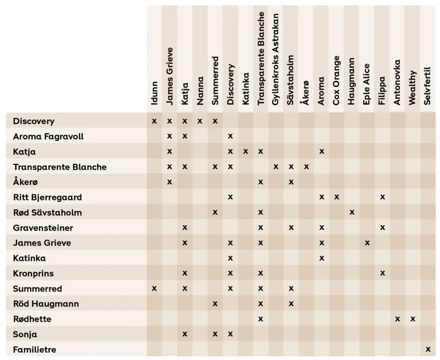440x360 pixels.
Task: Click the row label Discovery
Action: pyautogui.click(x=34, y=121)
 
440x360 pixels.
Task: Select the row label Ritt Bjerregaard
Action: pyautogui.click(x=48, y=197)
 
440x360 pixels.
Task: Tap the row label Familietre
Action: pyautogui.click(x=34, y=349)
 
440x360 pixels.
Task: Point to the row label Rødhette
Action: pyautogui.click(x=32, y=319)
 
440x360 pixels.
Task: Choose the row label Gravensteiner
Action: pyautogui.click(x=43, y=228)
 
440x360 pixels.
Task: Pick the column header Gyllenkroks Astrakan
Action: pyautogui.click(x=276, y=57)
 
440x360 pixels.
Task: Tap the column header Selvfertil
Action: pyautogui.click(x=427, y=85)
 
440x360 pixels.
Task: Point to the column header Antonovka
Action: pyautogui.click(x=397, y=82)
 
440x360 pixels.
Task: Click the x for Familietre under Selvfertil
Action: pyautogui.click(x=427, y=349)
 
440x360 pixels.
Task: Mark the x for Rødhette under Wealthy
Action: pyautogui.click(x=412, y=319)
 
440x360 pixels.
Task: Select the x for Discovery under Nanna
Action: pyautogui.click(x=200, y=121)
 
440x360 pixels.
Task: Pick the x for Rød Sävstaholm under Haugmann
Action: pyautogui.click(x=352, y=212)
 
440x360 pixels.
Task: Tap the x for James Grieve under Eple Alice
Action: pyautogui.click(x=367, y=242)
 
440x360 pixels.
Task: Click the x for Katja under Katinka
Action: pyautogui.click(x=245, y=151)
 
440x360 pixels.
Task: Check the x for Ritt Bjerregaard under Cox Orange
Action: pyautogui.click(x=337, y=197)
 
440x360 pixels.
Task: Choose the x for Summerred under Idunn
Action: pyautogui.click(x=154, y=288)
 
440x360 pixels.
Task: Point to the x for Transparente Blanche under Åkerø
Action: pyautogui.click(x=307, y=167)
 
